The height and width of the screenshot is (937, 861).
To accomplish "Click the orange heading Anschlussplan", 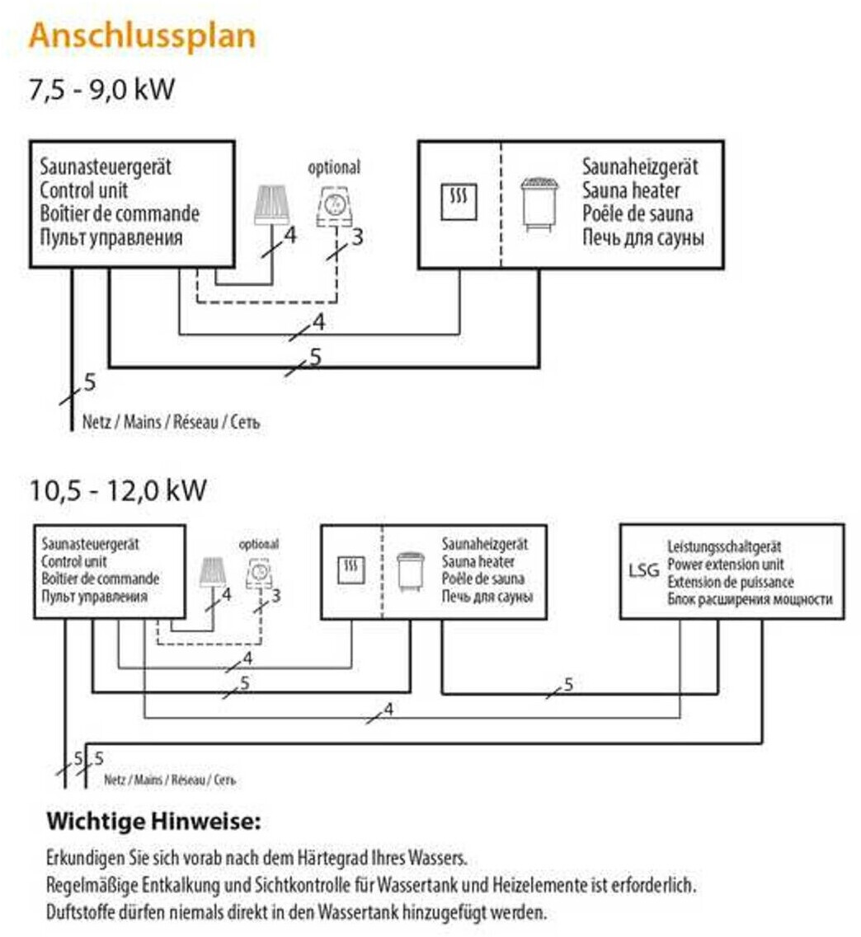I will point(141,36).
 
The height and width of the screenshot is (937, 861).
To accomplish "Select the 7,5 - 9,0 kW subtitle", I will point(102,89).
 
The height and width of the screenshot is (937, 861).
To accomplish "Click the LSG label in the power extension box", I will point(643,569).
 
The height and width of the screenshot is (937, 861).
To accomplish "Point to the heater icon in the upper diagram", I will point(539,204).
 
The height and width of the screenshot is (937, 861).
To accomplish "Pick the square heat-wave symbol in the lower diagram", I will point(352,568).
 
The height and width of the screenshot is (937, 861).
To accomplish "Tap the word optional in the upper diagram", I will point(334,167).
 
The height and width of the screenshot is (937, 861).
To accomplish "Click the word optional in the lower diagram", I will point(259,544).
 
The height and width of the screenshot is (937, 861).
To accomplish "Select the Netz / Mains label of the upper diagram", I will point(171,422).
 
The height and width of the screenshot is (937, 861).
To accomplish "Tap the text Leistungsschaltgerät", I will point(724,546).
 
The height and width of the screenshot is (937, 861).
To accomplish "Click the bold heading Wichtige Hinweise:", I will point(153,821).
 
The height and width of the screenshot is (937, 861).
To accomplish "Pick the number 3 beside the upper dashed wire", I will point(356,238).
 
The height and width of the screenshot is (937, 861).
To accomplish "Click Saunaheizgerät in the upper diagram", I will point(640,167).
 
